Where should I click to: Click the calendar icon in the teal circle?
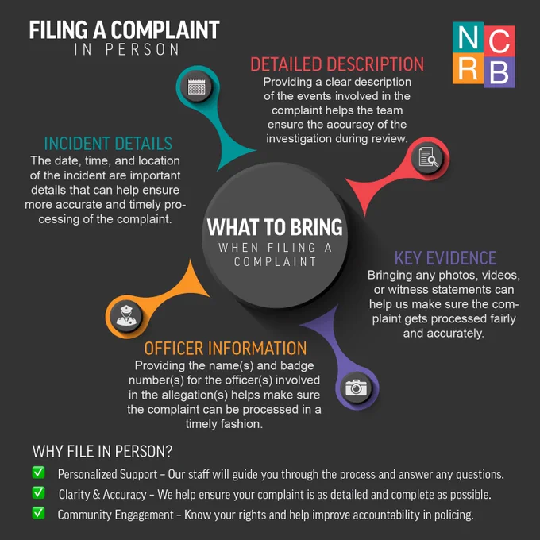tap(196, 87)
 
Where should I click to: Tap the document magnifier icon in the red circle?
tap(428, 158)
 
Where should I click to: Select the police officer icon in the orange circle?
tap(126, 316)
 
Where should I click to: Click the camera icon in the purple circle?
tap(356, 388)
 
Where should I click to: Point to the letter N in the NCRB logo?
tap(469, 38)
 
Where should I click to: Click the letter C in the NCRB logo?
tap(499, 41)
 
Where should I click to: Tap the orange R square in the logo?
tap(468, 68)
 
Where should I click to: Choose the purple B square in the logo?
tap(499, 71)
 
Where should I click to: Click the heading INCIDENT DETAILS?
tap(108, 144)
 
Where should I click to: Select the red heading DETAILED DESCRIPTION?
tap(337, 64)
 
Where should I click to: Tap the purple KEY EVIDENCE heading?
tap(445, 258)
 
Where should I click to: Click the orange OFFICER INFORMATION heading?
tap(226, 349)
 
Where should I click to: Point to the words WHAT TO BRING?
tap(275, 227)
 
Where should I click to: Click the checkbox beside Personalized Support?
tap(38, 472)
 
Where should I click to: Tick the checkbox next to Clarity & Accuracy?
tap(38, 492)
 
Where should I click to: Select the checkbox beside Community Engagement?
tap(38, 513)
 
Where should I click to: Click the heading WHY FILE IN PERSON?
tap(102, 452)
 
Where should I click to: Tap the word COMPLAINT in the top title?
tap(165, 29)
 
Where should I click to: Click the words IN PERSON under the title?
tap(127, 49)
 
